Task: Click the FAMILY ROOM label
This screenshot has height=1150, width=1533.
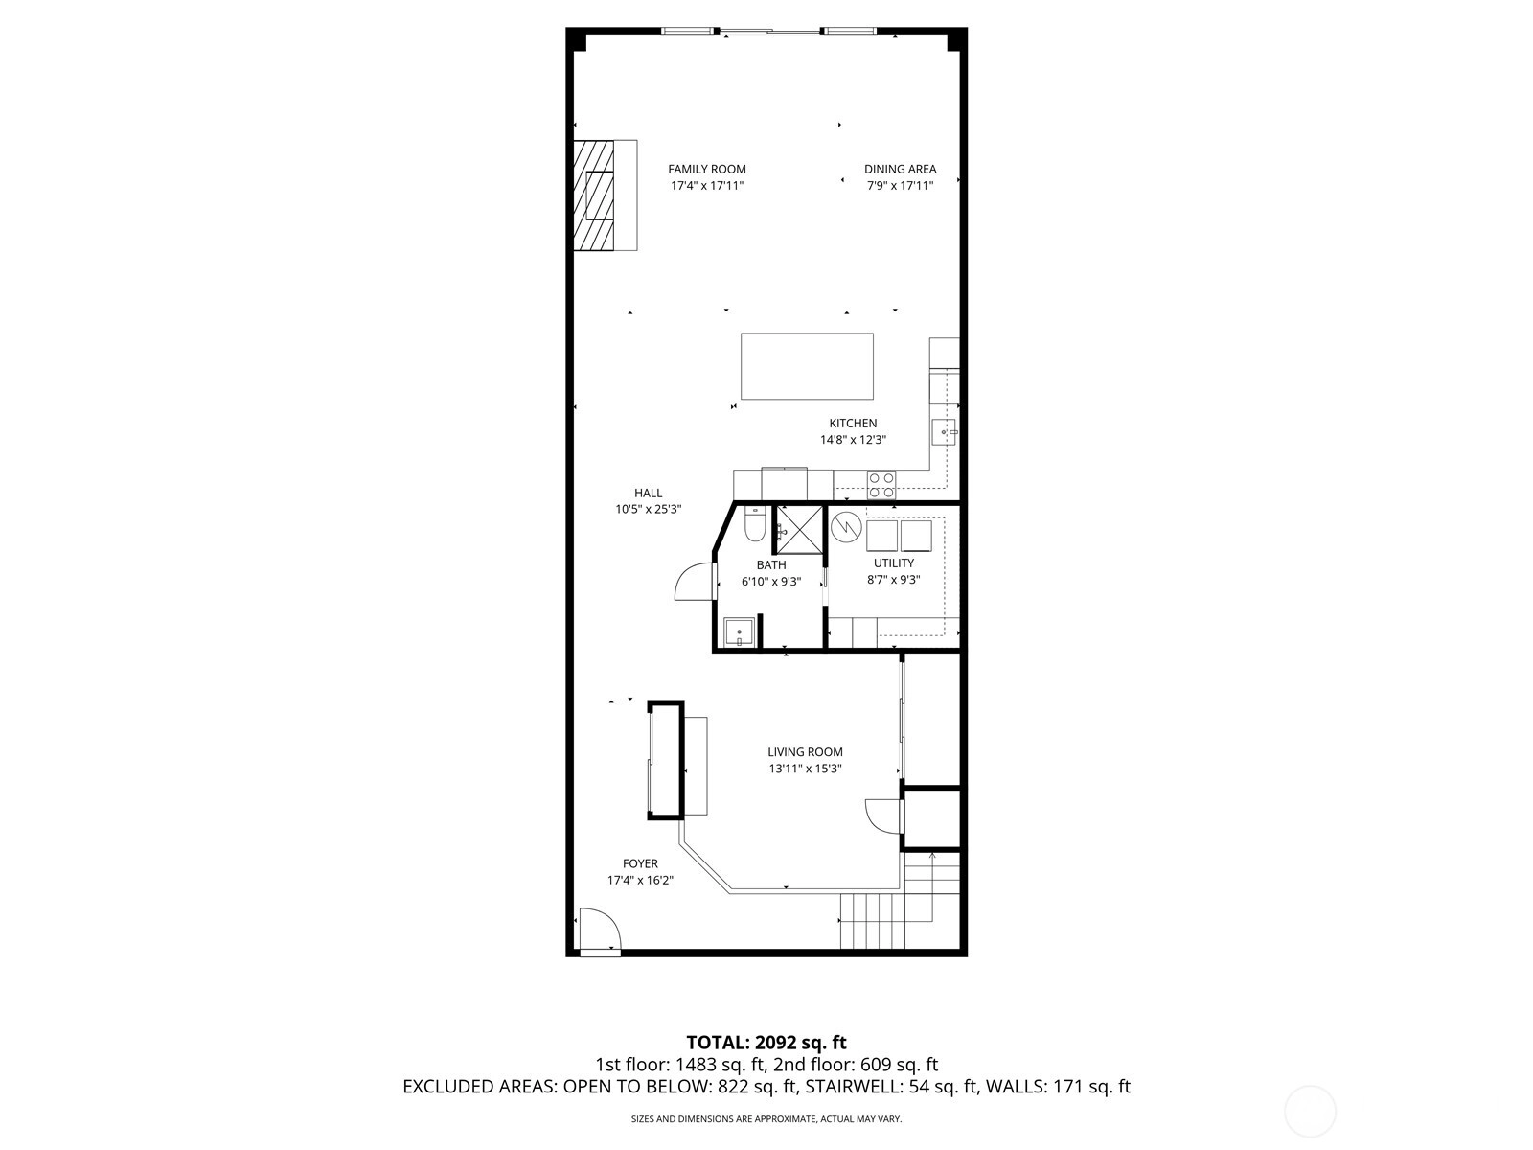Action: pyautogui.click(x=707, y=169)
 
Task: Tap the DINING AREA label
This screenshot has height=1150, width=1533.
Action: pyautogui.click(x=900, y=169)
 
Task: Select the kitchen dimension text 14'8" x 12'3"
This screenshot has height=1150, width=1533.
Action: pyautogui.click(x=853, y=440)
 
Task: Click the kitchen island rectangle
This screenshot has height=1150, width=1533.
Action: pyautogui.click(x=807, y=366)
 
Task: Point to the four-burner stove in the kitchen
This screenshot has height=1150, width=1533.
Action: pyautogui.click(x=881, y=485)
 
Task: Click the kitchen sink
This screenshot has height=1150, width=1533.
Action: pyautogui.click(x=945, y=432)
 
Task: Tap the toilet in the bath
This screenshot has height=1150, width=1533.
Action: pyautogui.click(x=754, y=525)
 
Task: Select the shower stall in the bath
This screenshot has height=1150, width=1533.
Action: pyautogui.click(x=800, y=529)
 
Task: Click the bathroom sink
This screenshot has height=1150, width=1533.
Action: pyautogui.click(x=739, y=632)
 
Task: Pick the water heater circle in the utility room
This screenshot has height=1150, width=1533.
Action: pyautogui.click(x=846, y=527)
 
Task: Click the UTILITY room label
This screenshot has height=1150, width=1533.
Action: pyautogui.click(x=894, y=563)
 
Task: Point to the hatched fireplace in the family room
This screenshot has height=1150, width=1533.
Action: pyautogui.click(x=594, y=195)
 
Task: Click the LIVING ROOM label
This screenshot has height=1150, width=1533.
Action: pyautogui.click(x=805, y=752)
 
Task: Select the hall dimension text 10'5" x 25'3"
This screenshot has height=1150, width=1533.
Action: pyautogui.click(x=648, y=510)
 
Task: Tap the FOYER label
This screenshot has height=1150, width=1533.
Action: pyautogui.click(x=640, y=863)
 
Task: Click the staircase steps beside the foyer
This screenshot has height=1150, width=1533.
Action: pyautogui.click(x=900, y=907)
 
